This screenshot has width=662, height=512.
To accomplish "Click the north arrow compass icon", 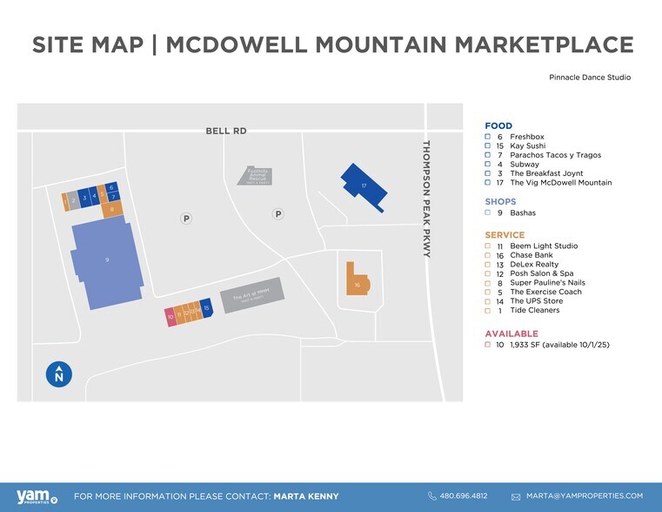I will pyautogui.click(x=58, y=374).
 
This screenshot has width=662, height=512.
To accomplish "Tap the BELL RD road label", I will pyautogui.click(x=226, y=131).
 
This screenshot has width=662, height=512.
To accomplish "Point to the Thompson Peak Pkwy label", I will pyautogui.click(x=426, y=199).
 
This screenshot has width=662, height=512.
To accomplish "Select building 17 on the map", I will pyautogui.click(x=363, y=185).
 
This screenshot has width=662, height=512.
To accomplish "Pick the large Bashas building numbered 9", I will pyautogui.click(x=106, y=261).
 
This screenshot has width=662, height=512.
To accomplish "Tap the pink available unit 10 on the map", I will pyautogui.click(x=171, y=316).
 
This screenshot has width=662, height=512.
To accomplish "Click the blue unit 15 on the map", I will pyautogui.click(x=206, y=307).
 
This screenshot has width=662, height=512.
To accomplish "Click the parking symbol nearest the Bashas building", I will pyautogui.click(x=186, y=219).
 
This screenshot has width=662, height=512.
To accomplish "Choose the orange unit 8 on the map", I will pyautogui.click(x=111, y=209).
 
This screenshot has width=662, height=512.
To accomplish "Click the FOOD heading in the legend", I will pyautogui.click(x=498, y=126).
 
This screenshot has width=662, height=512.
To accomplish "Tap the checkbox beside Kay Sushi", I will pyautogui.click(x=489, y=146).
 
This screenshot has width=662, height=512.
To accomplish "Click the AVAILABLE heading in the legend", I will pyautogui.click(x=512, y=333).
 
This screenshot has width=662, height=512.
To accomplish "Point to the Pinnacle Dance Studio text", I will pyautogui.click(x=590, y=77).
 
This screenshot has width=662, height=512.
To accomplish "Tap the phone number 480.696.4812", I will pyautogui.click(x=464, y=496).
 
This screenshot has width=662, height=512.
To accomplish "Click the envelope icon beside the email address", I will pyautogui.click(x=516, y=496).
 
